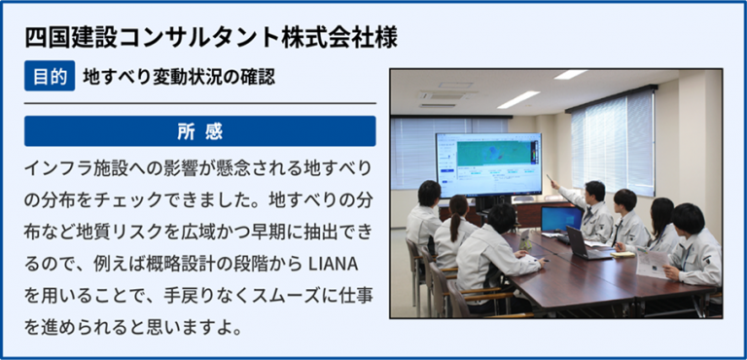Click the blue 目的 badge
tap(50, 76)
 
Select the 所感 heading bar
tap(200, 131)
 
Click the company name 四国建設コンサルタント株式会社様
tap(211, 38)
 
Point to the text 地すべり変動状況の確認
tap(179, 77)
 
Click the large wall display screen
tap(489, 164)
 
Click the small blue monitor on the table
tap(561, 219)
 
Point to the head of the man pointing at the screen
tap(595, 191)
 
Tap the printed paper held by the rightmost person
tap(652, 264)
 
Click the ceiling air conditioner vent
tap(447, 94)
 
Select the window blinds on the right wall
tap(613, 142)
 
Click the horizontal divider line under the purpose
tap(200, 103)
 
